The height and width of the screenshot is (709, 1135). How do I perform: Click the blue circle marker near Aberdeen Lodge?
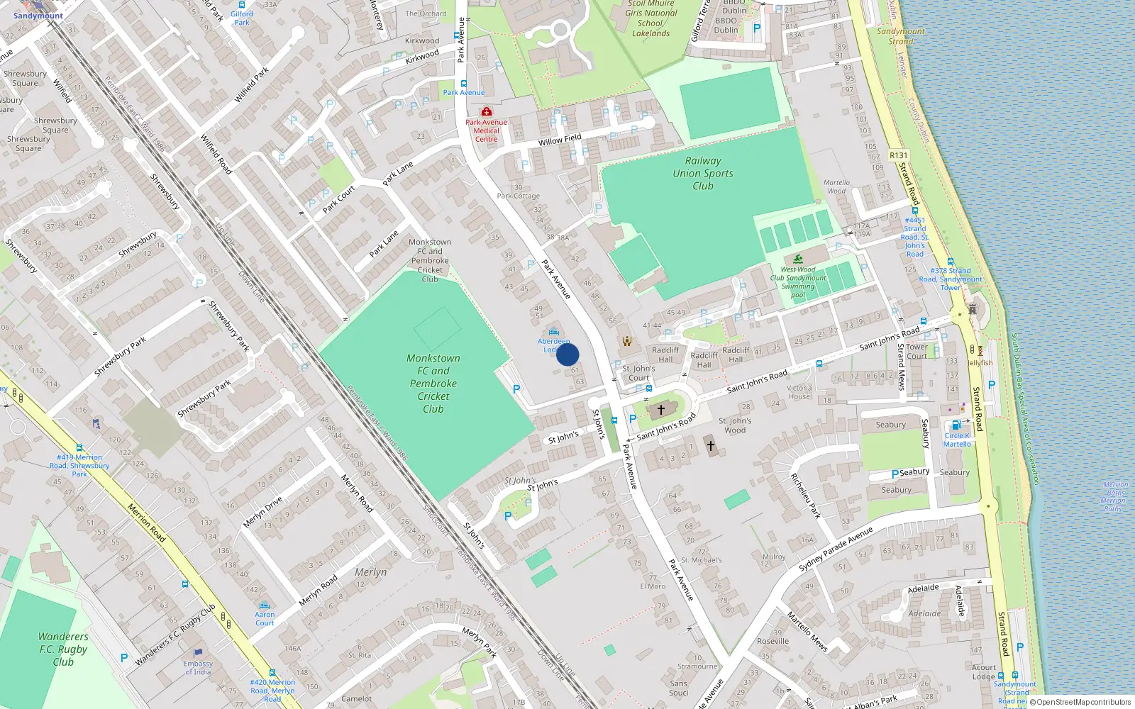(567, 354)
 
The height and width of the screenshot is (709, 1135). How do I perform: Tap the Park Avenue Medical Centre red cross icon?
(487, 112)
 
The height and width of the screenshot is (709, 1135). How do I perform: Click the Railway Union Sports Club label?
(703, 174)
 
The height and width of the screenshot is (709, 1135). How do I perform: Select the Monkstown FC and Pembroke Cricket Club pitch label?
(433, 384)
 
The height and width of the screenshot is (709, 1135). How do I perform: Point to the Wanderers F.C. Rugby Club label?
(63, 649)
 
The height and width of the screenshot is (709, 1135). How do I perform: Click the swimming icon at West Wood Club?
(799, 259)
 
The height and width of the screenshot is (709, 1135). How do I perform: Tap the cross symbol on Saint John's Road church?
(661, 410)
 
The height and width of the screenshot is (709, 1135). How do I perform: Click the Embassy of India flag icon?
(198, 653)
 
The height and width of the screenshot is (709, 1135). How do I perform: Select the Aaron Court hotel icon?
(265, 606)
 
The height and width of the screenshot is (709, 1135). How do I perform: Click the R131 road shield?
(898, 155)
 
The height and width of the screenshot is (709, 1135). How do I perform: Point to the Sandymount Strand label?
(900, 36)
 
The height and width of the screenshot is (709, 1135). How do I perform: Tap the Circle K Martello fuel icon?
(956, 425)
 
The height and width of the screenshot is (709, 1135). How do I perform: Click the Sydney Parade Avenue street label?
(836, 549)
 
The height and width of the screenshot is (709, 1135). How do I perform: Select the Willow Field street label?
(560, 140)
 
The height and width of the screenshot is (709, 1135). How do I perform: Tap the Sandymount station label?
(38, 16)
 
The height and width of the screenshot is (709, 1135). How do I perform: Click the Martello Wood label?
(836, 186)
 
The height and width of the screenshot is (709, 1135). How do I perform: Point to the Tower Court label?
(917, 352)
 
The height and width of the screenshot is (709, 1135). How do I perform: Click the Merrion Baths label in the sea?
(1114, 496)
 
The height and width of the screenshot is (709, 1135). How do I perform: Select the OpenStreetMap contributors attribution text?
(1082, 703)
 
